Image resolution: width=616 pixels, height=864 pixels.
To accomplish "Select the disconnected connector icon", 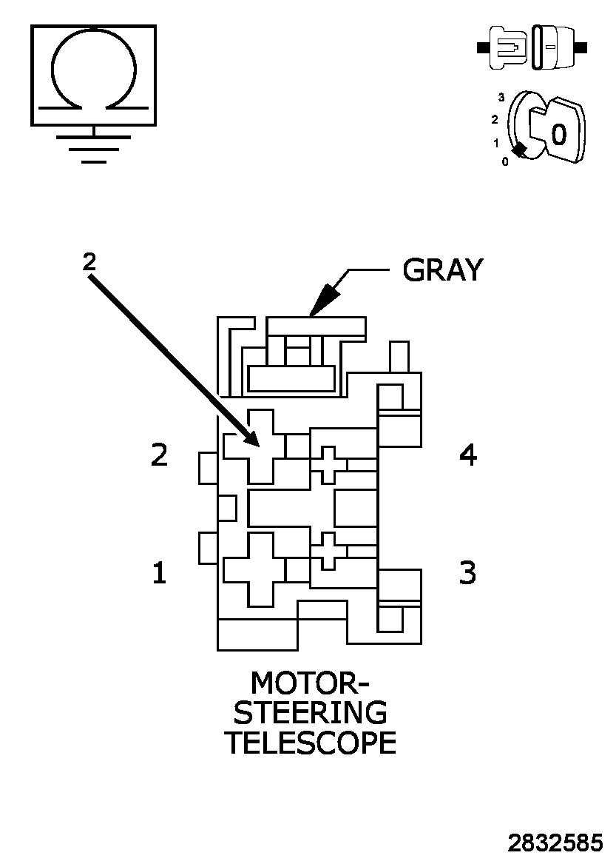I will click(532, 49).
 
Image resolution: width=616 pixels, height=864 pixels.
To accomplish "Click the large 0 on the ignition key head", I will click(559, 134).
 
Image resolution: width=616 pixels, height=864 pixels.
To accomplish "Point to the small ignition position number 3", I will click(501, 97).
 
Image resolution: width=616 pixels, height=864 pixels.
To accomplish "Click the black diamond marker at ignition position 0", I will click(520, 150).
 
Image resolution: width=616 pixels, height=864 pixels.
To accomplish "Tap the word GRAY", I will click(442, 270).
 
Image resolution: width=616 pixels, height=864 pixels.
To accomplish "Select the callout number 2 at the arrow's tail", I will click(89, 261).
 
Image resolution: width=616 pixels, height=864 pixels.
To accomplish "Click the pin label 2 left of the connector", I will click(159, 455).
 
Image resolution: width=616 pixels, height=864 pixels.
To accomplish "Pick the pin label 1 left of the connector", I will click(159, 572).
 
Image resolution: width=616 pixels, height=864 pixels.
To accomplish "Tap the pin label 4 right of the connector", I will click(468, 455).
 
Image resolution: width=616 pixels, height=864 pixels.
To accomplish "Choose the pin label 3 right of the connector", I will click(468, 572).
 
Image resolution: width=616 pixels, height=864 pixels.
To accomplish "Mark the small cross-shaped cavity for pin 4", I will click(328, 464).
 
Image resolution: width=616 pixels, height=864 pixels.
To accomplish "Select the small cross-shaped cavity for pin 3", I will click(328, 550).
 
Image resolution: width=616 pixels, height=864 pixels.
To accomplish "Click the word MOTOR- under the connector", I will click(310, 682).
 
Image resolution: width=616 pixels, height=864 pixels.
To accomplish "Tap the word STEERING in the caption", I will click(310, 712).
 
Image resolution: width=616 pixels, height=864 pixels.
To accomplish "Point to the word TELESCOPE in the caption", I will click(310, 743).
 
